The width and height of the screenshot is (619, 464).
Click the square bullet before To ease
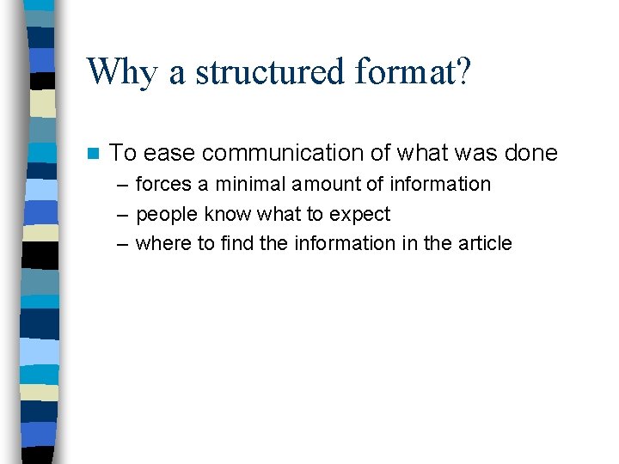pos(94,154)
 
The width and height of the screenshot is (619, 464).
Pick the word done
pos(531,154)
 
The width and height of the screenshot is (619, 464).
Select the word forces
pos(163,185)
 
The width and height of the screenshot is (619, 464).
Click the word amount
pos(322,185)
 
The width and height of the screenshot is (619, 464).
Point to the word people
pos(167,215)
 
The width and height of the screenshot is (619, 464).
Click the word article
pos(484,244)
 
